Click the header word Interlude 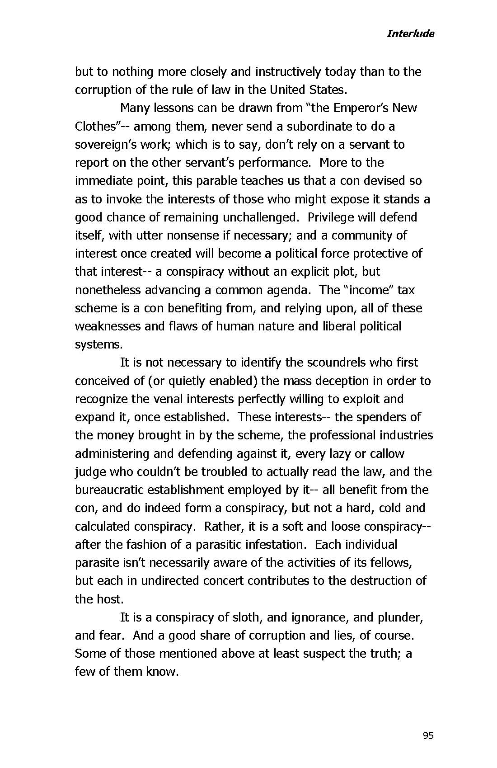[x=410, y=33]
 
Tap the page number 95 [x=428, y=735]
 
